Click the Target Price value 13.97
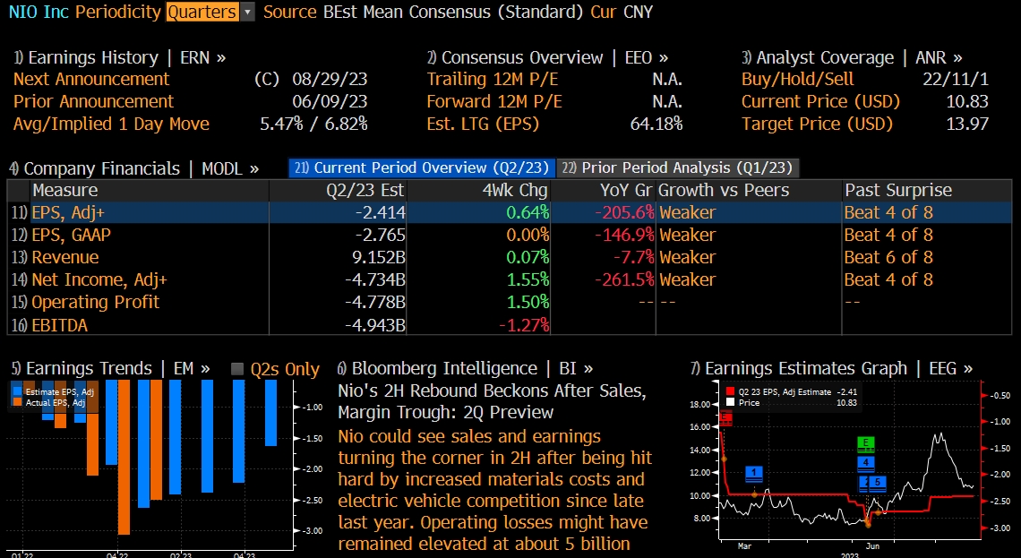click(x=967, y=124)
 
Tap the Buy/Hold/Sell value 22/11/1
click(x=956, y=80)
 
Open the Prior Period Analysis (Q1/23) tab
click(x=676, y=167)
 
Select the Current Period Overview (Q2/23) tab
click(x=420, y=167)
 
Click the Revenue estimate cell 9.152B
click(x=375, y=258)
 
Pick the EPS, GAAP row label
click(x=72, y=236)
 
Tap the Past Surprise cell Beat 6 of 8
click(x=888, y=258)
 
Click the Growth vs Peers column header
click(x=724, y=191)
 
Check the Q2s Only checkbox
click(x=237, y=370)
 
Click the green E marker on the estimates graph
click(x=865, y=443)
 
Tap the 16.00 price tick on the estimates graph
click(x=699, y=426)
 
